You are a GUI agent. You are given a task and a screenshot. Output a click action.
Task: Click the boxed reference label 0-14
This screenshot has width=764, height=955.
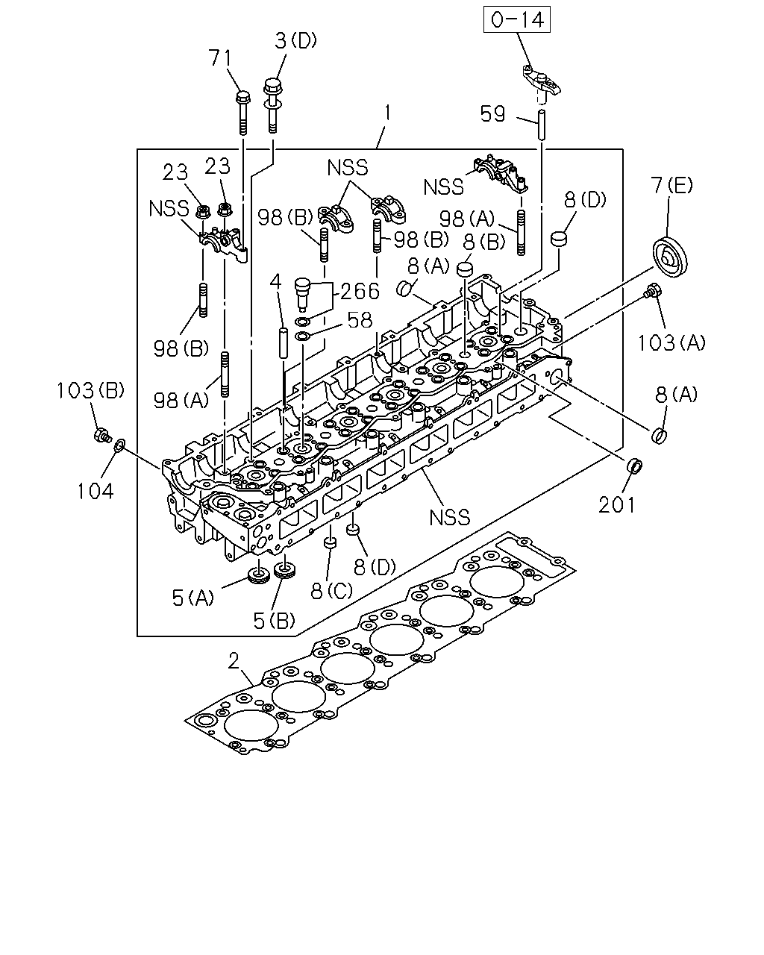pos(517,19)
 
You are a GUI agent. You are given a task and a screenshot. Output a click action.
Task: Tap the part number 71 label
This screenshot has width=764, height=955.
pos(220,58)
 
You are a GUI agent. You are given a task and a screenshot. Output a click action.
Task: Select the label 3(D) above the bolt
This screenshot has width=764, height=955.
pos(295,41)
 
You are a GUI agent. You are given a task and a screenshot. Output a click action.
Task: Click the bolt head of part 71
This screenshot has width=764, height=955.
pos(243,97)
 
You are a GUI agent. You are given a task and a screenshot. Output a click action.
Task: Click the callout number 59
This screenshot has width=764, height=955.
pos(492,114)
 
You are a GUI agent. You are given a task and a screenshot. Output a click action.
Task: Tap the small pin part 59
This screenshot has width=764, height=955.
pos(542,125)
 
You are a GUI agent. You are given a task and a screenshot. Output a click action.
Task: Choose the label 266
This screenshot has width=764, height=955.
pos(360,292)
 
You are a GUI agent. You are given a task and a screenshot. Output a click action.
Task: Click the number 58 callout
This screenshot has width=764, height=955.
pos(360,320)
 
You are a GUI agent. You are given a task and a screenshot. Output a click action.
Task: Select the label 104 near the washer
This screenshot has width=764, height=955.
pos(95,492)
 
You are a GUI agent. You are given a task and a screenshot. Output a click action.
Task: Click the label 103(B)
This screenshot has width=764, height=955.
pos(90,391)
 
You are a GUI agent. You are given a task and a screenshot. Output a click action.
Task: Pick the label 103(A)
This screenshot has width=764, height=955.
pos(671,343)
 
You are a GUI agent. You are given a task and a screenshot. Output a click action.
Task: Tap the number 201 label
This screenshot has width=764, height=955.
pos(616,505)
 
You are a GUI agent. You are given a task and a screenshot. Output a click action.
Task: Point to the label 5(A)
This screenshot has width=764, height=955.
pos(192,598)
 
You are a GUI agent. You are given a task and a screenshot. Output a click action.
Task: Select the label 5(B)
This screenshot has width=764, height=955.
pos(274,621)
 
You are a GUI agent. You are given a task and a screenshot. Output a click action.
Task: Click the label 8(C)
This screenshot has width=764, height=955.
pos(331,591)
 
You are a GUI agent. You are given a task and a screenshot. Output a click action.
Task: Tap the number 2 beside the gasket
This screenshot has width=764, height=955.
pos(234,662)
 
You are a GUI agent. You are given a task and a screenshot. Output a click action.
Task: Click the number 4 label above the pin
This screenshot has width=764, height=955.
pos(275,281)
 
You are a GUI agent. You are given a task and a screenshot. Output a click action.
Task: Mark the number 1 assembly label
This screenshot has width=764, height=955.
pos(387,113)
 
